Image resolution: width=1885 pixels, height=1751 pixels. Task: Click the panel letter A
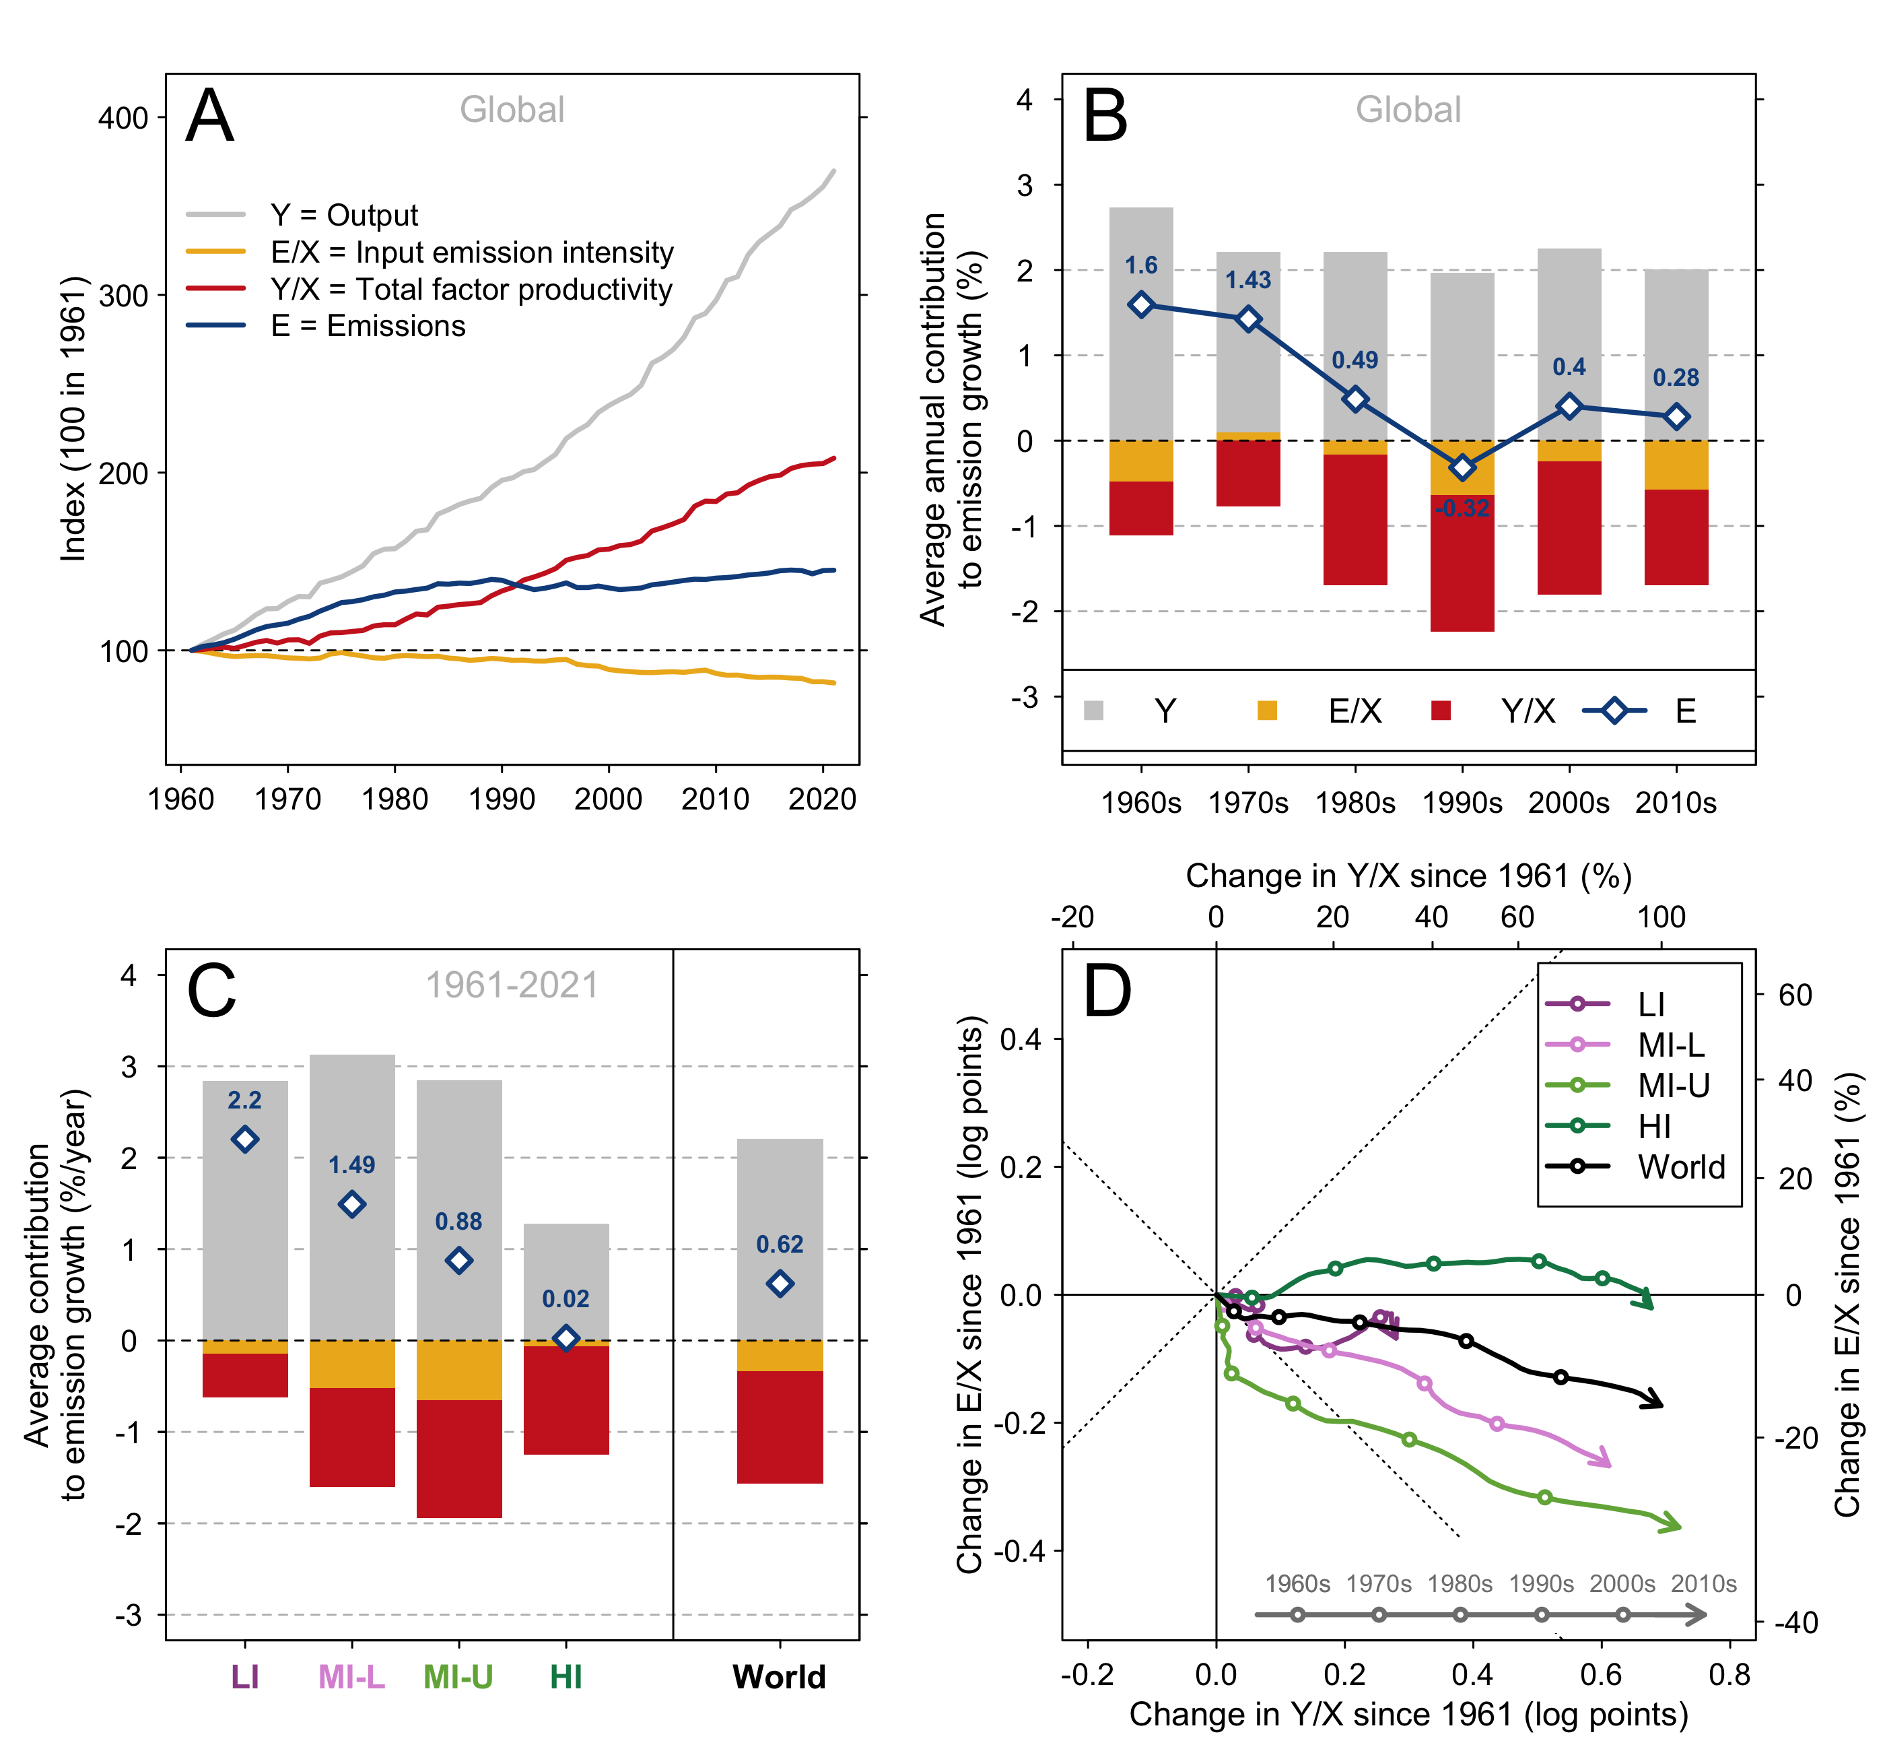click(209, 117)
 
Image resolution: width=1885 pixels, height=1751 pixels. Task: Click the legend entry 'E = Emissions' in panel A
click(368, 326)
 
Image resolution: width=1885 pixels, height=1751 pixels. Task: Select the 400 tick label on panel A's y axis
click(123, 119)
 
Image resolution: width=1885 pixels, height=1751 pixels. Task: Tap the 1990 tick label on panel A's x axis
click(501, 799)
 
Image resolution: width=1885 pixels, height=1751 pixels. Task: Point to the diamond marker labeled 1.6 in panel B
click(1140, 304)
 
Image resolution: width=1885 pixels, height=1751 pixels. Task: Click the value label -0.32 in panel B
click(1462, 509)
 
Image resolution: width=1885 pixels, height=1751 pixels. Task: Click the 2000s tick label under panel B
click(1569, 803)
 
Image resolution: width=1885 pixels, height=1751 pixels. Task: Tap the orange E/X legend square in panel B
click(1266, 711)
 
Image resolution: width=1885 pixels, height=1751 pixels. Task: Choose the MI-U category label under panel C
click(458, 1677)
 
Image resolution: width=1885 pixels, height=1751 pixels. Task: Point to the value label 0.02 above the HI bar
click(565, 1299)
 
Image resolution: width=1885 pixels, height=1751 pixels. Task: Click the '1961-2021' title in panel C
click(512, 985)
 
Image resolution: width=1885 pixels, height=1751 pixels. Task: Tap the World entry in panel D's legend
click(1681, 1166)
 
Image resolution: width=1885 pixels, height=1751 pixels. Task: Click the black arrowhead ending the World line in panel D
click(1653, 1399)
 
